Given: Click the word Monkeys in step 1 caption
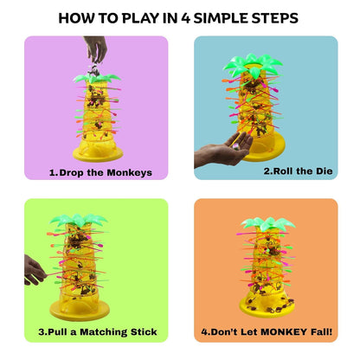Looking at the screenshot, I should click(126, 172).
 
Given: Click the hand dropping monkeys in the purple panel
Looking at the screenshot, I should click(96, 49).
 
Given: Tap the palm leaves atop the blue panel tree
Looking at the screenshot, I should click(255, 63).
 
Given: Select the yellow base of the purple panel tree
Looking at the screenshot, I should click(97, 152).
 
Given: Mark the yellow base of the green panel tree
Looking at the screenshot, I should click(80, 310).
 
